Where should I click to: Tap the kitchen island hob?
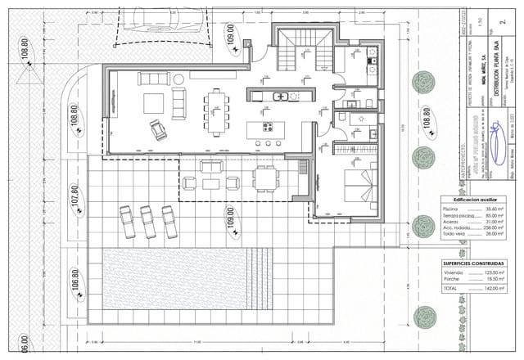click(268, 127)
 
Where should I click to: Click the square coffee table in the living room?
click(154, 103)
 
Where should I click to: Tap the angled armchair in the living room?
click(157, 129)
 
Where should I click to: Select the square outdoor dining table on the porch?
click(264, 178)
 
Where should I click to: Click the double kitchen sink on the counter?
click(281, 97)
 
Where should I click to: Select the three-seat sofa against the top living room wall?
click(153, 79)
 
